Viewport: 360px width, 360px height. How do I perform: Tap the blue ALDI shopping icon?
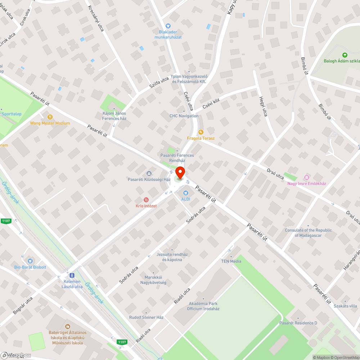186,193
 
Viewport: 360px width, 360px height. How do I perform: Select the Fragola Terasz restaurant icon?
201,132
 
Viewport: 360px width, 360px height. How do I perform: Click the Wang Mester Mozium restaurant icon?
50,117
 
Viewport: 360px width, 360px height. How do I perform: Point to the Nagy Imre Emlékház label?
306,184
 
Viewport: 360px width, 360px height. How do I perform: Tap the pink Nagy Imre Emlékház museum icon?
307,177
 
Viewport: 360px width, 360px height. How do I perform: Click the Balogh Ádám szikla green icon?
345,55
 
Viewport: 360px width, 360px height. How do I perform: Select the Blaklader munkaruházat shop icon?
168,26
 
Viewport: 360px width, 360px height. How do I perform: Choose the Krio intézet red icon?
146,199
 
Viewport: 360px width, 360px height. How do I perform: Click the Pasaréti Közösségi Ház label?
149,179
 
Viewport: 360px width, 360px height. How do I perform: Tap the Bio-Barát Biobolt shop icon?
30,261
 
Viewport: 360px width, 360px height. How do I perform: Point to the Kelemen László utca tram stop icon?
72,275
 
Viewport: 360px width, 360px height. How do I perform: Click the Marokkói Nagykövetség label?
153,280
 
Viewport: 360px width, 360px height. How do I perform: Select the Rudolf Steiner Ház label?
147,318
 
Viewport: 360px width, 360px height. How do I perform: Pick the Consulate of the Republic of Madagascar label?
308,233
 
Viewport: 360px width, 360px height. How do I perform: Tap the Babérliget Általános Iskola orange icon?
66,326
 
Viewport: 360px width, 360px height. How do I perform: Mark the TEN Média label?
231,261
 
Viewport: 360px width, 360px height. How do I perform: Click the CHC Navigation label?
184,116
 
